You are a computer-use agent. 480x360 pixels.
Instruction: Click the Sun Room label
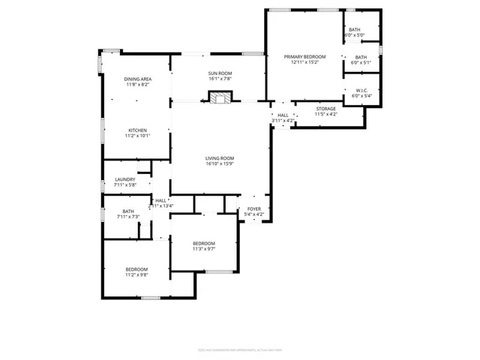(x=219, y=73)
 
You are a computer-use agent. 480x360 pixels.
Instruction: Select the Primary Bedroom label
(x=304, y=57)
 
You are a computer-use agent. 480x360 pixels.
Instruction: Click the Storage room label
(x=325, y=109)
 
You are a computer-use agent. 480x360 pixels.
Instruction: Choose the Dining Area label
(x=138, y=79)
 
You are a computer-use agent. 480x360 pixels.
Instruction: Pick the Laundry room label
(x=125, y=179)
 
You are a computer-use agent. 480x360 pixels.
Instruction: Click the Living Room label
(x=220, y=158)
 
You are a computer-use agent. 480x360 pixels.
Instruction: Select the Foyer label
(x=254, y=209)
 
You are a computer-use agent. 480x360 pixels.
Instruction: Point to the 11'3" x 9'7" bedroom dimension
(x=204, y=249)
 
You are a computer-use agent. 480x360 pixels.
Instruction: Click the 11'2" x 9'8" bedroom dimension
(x=136, y=275)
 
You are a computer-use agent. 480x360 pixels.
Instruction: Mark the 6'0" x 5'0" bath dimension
(x=354, y=35)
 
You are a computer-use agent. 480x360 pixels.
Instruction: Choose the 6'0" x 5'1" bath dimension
(x=361, y=63)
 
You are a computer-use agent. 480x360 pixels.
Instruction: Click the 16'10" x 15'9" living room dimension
(x=220, y=164)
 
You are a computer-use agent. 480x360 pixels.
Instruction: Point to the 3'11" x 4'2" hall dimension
(x=283, y=120)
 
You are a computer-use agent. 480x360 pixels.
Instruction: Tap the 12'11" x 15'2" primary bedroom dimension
(x=304, y=63)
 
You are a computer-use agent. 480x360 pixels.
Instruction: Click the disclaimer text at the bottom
(x=240, y=349)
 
